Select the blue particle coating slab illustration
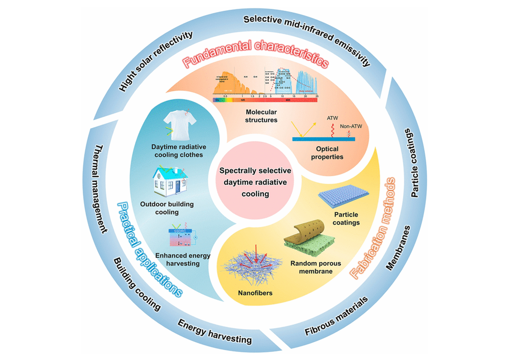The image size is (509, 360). pos(343,197)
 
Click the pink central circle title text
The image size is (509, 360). pos(255,182)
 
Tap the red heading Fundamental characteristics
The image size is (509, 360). pos(255,54)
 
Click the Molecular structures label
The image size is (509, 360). pos(261,116)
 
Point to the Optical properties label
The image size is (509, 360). pos(327,153)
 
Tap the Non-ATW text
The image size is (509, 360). pos(351,126)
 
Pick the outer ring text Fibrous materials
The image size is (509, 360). pos(336,316)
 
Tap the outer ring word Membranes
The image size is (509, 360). pos(398,248)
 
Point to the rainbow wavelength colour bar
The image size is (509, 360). pos(265,100)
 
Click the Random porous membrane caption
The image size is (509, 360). pos(316,267)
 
